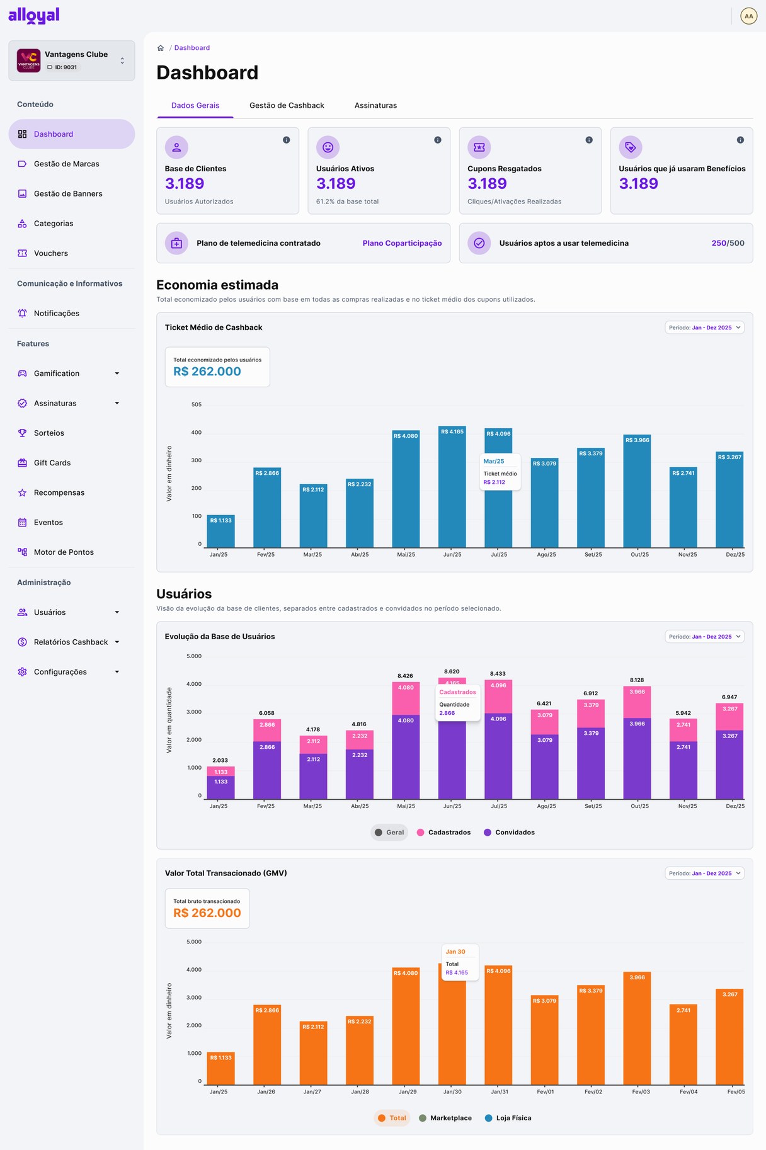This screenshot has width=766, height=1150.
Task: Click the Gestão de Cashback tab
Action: click(287, 105)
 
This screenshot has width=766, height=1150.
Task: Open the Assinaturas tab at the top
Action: click(375, 105)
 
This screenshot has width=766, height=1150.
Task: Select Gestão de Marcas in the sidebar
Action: click(66, 164)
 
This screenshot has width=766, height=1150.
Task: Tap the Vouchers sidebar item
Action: click(51, 253)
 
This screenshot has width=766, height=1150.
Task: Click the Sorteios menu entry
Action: click(49, 433)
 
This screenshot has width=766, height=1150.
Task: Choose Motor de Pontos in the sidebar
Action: click(64, 552)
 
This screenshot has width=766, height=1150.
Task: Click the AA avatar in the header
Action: click(748, 16)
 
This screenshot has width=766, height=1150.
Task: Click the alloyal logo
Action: click(34, 15)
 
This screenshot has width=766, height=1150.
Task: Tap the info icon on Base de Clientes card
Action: click(287, 140)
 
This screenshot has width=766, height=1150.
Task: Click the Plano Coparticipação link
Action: click(402, 243)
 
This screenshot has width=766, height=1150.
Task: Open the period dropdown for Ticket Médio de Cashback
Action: click(704, 327)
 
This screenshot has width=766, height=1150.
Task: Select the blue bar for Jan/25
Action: click(220, 532)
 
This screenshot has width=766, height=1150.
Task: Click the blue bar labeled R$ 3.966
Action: click(637, 491)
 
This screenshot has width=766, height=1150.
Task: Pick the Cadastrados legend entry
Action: click(443, 833)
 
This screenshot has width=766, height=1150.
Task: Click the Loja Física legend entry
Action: click(508, 1118)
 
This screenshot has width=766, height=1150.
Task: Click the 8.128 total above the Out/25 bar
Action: click(637, 680)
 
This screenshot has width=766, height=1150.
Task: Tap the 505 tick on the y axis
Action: click(197, 404)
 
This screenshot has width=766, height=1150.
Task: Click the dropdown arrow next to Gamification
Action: click(117, 373)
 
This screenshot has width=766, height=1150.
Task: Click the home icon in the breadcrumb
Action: click(161, 48)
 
